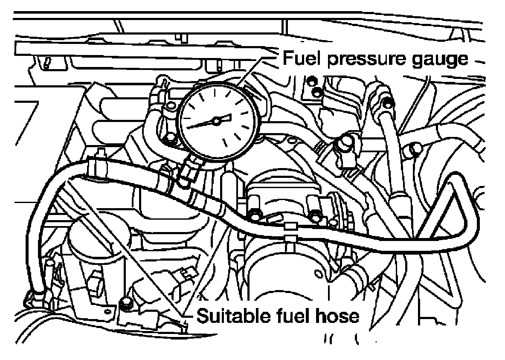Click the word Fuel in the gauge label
301,58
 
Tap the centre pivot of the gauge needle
216,122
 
